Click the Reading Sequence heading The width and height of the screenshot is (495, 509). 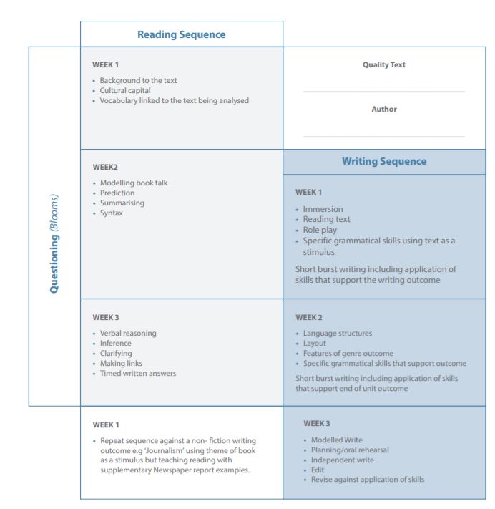[181, 34]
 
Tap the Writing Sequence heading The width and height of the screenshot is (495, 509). [383, 161]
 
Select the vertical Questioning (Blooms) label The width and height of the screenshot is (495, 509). [54, 244]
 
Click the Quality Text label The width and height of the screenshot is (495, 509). [383, 65]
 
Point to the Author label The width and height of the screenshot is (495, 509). [383, 110]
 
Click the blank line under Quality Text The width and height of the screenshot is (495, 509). [383, 92]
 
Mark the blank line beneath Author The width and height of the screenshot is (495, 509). [383, 136]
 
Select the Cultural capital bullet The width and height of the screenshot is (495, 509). [125, 91]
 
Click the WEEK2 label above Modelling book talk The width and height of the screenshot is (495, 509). [105, 168]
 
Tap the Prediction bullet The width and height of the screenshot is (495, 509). [117, 193]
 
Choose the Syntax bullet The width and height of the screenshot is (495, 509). [112, 213]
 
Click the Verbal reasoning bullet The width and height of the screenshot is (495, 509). [128, 333]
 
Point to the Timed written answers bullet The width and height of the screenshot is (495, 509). [138, 373]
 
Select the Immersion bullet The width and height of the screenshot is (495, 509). [323, 209]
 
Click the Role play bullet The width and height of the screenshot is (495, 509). [320, 230]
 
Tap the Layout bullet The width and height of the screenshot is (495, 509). [314, 343]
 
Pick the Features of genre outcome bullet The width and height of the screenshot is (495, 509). [348, 353]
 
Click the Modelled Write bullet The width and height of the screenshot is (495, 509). [336, 440]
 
